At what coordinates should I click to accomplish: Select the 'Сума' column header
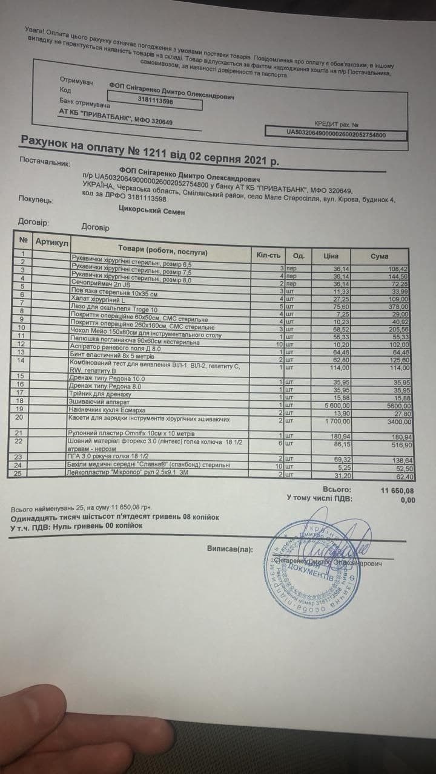pos(379,256)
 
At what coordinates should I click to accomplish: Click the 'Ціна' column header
pos(331,255)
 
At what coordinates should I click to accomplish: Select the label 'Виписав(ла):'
pos(230,550)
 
